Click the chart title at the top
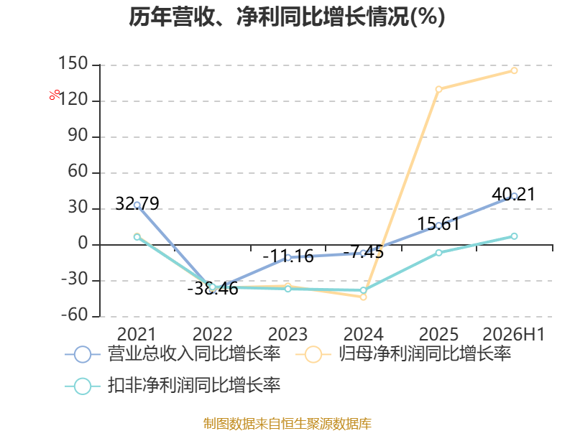click(287, 17)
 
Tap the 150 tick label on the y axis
click(73, 63)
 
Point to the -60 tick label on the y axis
click(75, 315)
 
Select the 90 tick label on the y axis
click(78, 135)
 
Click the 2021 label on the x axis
click(137, 334)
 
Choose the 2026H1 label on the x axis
click(514, 334)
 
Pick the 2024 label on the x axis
click(363, 334)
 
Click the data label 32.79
click(137, 203)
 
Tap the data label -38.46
click(213, 289)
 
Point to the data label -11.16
click(288, 256)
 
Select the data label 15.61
click(438, 223)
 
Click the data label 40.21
click(514, 194)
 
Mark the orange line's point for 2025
click(438, 89)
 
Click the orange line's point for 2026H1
click(514, 70)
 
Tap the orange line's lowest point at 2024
click(364, 297)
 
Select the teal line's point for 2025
click(438, 253)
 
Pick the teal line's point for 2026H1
click(514, 236)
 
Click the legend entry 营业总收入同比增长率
click(172, 354)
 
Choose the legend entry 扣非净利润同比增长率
click(172, 386)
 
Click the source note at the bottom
click(287, 424)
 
